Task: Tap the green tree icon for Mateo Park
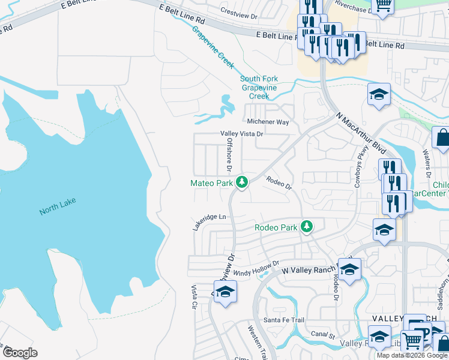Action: [x=242, y=181]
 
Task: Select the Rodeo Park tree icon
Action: [x=307, y=226]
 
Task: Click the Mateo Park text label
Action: [x=211, y=183]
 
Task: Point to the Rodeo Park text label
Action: [x=276, y=227]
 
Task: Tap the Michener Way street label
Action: [x=268, y=122]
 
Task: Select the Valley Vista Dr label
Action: [x=242, y=134]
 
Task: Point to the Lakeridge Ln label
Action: [x=209, y=222]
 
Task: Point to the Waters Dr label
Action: [x=427, y=164]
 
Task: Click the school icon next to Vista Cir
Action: [x=225, y=292]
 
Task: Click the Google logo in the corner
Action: [x=20, y=353]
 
